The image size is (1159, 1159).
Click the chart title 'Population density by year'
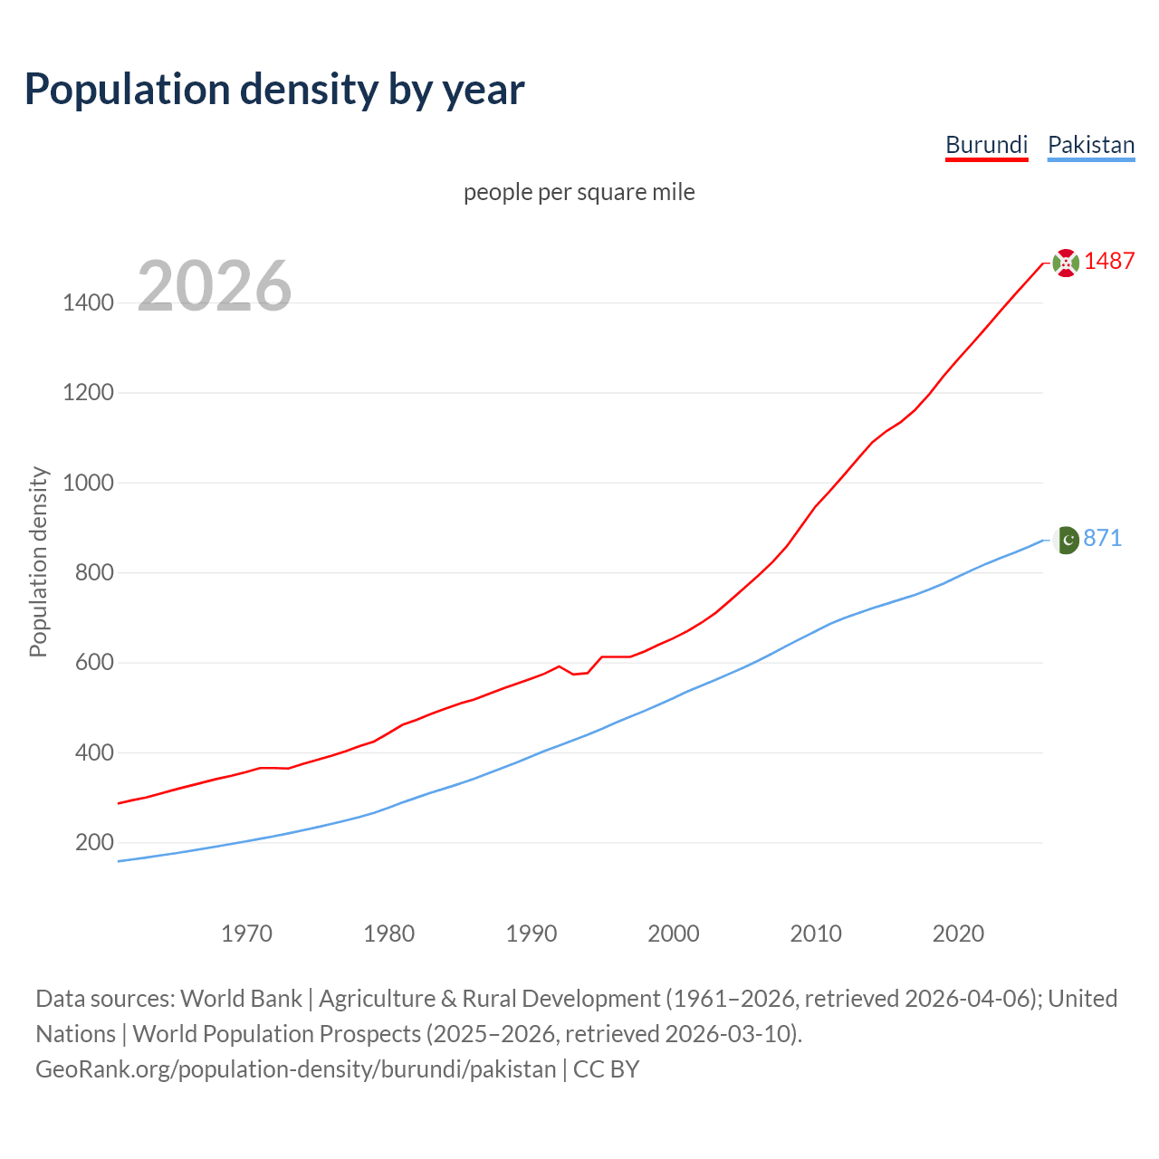click(x=274, y=90)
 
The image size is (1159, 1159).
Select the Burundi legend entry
click(x=986, y=145)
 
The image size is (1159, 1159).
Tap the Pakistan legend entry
click(x=1090, y=145)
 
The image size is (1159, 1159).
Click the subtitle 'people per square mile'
click(x=579, y=192)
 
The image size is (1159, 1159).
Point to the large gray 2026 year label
click(x=215, y=286)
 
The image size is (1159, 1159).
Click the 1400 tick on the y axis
click(x=88, y=302)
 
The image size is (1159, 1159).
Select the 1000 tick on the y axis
click(x=88, y=483)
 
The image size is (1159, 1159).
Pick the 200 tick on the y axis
click(x=94, y=843)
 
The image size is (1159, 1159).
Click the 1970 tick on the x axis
click(x=246, y=934)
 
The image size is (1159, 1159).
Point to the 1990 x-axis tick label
click(x=532, y=934)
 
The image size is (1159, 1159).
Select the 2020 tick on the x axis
click(x=958, y=934)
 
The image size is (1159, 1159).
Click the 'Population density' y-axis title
click(x=38, y=561)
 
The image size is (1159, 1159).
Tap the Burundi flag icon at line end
click(x=1066, y=263)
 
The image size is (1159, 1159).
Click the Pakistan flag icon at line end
click(x=1066, y=540)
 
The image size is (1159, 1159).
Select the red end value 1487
click(x=1109, y=261)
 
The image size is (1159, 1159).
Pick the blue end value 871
click(x=1102, y=538)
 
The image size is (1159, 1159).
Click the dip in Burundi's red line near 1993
click(x=574, y=674)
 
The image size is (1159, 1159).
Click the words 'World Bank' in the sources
click(x=241, y=999)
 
